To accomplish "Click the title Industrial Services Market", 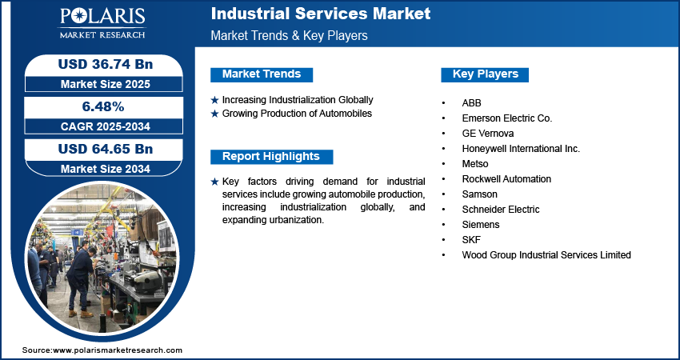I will click(320, 14).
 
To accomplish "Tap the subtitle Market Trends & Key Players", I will click(289, 36).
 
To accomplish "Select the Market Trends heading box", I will click(262, 74).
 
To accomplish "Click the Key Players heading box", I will click(485, 74).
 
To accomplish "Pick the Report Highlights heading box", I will click(270, 157).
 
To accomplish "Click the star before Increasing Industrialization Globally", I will click(214, 100).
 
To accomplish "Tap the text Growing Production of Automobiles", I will click(297, 114).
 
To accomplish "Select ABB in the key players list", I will click(471, 103).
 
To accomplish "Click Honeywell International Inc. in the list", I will click(521, 149).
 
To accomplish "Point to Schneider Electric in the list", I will click(501, 210).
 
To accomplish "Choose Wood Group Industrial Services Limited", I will click(546, 255).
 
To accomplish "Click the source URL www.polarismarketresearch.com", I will click(118, 350).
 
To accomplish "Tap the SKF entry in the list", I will click(471, 240).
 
